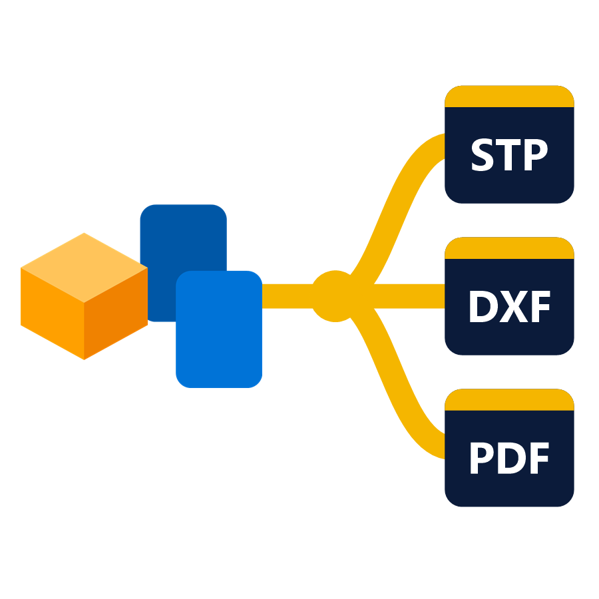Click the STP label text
pyautogui.click(x=510, y=154)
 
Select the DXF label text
pyautogui.click(x=510, y=306)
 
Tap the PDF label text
pyautogui.click(x=510, y=458)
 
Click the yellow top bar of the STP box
pyautogui.click(x=509, y=97)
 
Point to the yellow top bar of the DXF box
pyautogui.click(x=509, y=248)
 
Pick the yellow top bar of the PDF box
pyautogui.click(x=509, y=399)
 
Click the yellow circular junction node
pyautogui.click(x=335, y=296)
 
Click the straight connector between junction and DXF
pyautogui.click(x=409, y=296)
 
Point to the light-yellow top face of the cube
pyautogui.click(x=84, y=268)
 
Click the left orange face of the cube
pyautogui.click(x=53, y=313)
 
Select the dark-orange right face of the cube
pyautogui.click(x=116, y=313)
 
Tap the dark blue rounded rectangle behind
pyautogui.click(x=184, y=237)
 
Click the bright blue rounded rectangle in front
pyautogui.click(x=219, y=329)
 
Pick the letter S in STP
pyautogui.click(x=483, y=154)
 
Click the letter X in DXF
pyautogui.click(x=514, y=306)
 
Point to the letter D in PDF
pyautogui.click(x=512, y=458)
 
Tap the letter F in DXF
pyautogui.click(x=541, y=306)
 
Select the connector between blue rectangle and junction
pyautogui.click(x=288, y=296)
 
